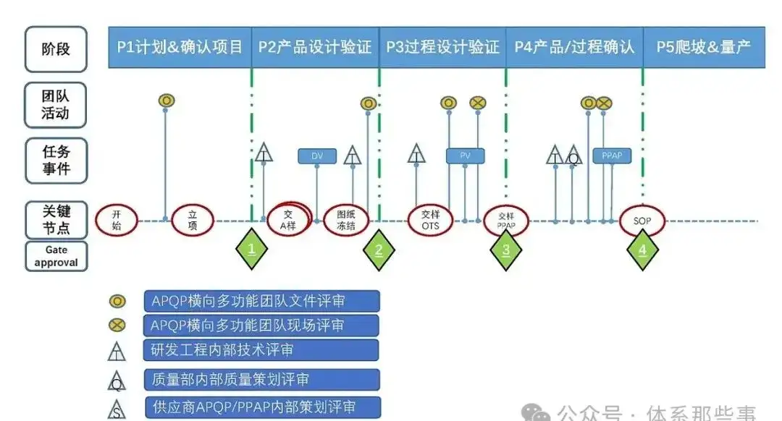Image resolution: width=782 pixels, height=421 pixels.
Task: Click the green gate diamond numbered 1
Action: click(x=252, y=250)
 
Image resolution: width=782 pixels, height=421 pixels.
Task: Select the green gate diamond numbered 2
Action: click(x=379, y=250)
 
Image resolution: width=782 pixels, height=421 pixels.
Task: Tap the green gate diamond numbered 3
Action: click(x=506, y=250)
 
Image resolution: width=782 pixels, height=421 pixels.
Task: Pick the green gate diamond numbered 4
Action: click(x=642, y=250)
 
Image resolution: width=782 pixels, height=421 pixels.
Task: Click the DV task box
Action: click(x=317, y=156)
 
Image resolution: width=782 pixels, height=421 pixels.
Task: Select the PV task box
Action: click(x=465, y=156)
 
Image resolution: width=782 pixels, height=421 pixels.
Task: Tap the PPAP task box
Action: click(x=612, y=156)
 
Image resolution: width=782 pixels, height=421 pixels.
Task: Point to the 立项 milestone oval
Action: click(x=193, y=219)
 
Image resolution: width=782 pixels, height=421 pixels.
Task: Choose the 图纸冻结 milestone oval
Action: click(x=346, y=220)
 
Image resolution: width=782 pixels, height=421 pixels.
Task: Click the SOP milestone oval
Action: click(x=642, y=221)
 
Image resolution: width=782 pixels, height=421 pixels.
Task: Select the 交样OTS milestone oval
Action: click(x=430, y=220)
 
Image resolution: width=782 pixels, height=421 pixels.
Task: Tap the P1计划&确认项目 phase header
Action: click(x=180, y=48)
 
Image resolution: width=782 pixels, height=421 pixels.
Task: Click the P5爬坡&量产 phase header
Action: click(x=704, y=48)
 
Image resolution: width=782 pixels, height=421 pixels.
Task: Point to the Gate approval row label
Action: click(x=56, y=256)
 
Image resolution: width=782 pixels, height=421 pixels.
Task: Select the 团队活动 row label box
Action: click(x=56, y=103)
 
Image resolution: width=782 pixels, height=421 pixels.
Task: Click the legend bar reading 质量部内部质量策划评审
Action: click(x=262, y=379)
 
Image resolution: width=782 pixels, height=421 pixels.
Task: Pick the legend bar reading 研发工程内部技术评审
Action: click(x=262, y=350)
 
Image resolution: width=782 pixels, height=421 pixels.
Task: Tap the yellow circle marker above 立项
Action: click(x=167, y=100)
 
